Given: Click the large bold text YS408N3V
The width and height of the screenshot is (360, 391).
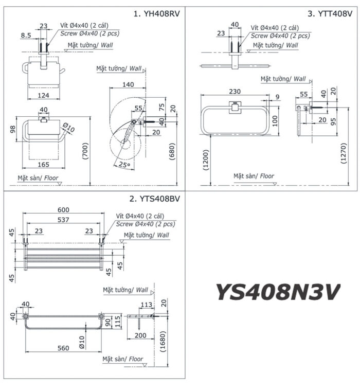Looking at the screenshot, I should [x=278, y=292].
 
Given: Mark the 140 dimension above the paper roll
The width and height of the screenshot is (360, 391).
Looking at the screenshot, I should [x=128, y=84].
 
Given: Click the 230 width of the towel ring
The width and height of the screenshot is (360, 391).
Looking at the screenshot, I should [x=235, y=91].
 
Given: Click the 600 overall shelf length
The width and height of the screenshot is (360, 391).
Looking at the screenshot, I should [x=63, y=209].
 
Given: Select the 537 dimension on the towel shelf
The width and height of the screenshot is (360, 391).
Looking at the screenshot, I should [x=63, y=220].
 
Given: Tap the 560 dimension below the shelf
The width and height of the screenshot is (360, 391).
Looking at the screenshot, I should [x=63, y=348].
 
